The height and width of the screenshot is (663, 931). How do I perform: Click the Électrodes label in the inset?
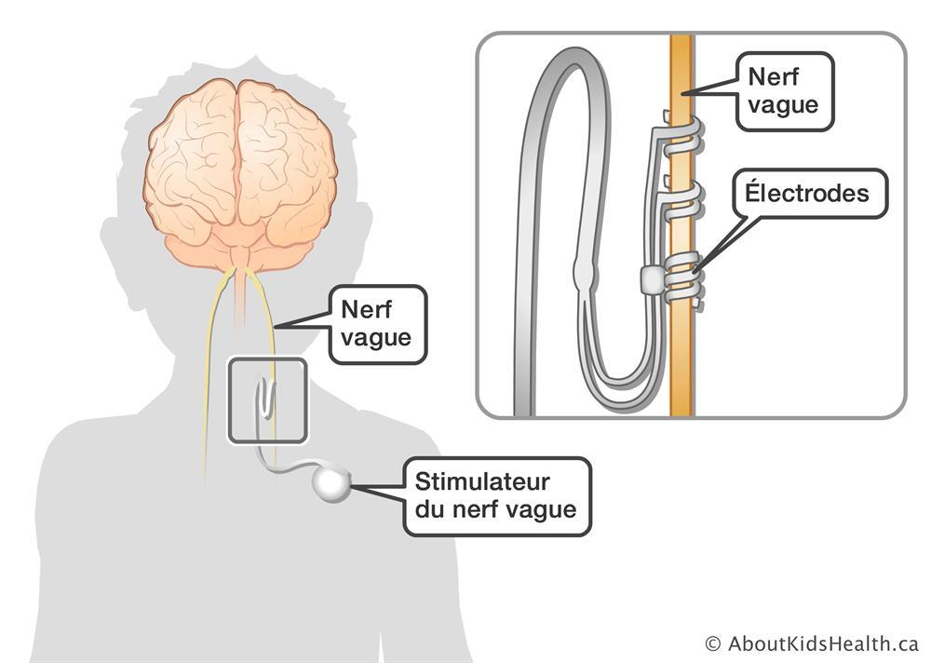(x=805, y=194)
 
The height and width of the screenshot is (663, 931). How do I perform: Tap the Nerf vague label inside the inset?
(x=783, y=91)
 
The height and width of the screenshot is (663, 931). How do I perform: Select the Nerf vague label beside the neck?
(x=375, y=323)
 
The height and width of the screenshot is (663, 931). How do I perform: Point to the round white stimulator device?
(x=331, y=483)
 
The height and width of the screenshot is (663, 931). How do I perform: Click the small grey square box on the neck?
(x=267, y=399)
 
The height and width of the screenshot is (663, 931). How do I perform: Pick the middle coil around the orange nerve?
(x=689, y=196)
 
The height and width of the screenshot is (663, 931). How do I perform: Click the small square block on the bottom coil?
(x=652, y=278)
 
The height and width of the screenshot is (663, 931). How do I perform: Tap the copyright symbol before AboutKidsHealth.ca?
(x=713, y=643)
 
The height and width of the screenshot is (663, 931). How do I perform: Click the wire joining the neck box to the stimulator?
(x=288, y=469)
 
